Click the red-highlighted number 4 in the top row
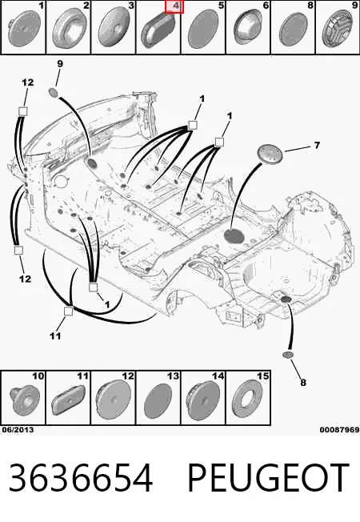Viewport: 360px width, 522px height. coord(174,6)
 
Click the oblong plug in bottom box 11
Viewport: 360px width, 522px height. coord(67,400)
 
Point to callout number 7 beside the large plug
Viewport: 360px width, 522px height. coord(317,146)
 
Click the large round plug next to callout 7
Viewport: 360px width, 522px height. coord(270,155)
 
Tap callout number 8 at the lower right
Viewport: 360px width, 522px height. coord(302,382)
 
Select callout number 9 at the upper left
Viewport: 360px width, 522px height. coord(60,63)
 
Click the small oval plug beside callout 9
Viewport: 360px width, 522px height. coord(54,92)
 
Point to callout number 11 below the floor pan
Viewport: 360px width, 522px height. coord(55,336)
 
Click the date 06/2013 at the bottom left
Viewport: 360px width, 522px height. coord(18,430)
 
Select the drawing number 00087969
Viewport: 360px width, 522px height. coord(339,430)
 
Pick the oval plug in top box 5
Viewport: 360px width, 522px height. coord(203,30)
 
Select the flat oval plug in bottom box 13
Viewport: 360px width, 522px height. coord(158,401)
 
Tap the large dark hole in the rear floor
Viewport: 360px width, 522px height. coord(234,235)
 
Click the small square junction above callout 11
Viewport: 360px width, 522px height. coord(68,311)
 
